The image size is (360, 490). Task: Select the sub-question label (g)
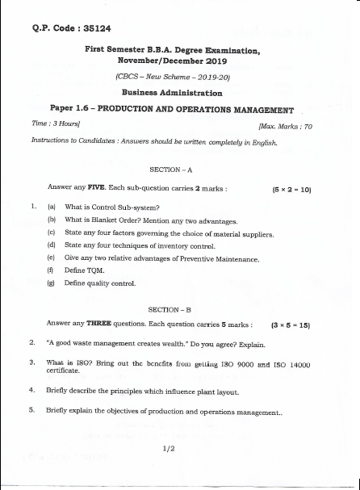pyautogui.click(x=52, y=283)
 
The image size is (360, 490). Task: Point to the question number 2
pyautogui.click(x=32, y=342)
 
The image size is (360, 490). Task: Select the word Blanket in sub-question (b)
pyautogui.click(x=108, y=220)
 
